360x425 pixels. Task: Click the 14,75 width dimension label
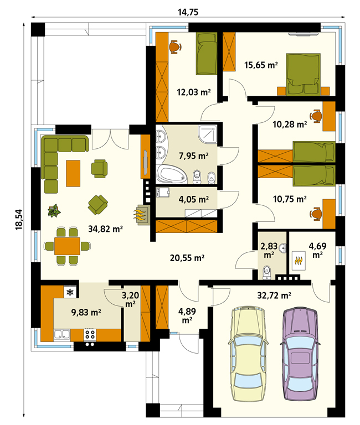(188, 12)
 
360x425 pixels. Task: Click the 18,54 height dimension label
(19, 220)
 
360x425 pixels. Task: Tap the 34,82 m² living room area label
(106, 229)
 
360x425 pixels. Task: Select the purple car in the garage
(300, 354)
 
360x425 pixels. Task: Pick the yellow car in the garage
(248, 354)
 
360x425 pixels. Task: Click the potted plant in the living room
(54, 211)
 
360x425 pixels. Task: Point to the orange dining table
(67, 246)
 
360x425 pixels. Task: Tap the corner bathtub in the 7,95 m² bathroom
(172, 175)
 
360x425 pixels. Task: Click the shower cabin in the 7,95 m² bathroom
(208, 134)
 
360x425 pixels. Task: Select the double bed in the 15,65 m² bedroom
(304, 75)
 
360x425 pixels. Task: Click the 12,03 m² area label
(194, 92)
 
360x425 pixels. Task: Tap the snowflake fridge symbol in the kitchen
(70, 292)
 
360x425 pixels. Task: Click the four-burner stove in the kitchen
(90, 334)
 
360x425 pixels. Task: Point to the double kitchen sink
(62, 334)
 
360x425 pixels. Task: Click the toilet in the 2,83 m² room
(267, 272)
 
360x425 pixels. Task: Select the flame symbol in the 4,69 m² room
(299, 261)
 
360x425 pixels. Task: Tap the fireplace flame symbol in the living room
(141, 215)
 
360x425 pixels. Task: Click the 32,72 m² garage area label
(274, 295)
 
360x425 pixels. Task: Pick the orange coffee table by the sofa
(73, 173)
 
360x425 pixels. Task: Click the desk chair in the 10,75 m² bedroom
(316, 214)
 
